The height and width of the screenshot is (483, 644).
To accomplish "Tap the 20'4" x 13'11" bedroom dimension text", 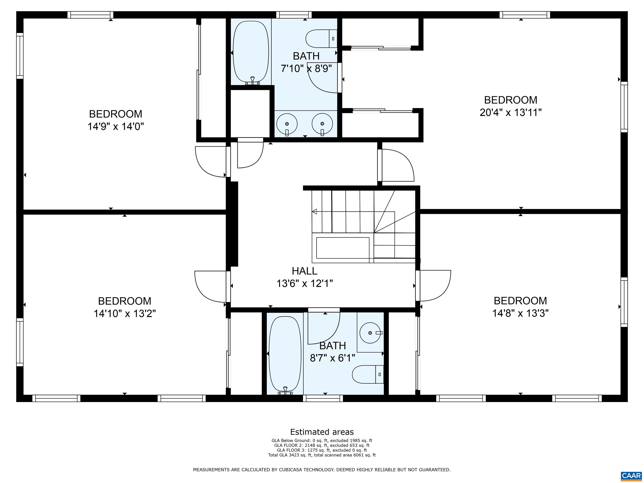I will coord(510,112).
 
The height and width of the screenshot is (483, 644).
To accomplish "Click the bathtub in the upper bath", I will coord(251,52).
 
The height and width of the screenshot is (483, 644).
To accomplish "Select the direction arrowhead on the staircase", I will coord(314,212).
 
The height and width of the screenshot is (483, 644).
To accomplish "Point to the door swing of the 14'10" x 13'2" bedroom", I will coord(210,287).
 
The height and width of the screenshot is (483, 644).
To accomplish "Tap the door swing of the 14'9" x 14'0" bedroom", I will coord(210,162).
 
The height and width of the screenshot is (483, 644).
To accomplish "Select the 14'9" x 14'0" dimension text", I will coord(116,127).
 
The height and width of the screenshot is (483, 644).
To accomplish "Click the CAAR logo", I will coord(631,475).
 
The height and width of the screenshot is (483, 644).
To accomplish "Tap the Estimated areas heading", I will coord(322,432).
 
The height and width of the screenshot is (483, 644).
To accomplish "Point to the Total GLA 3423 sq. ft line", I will coord(322,455).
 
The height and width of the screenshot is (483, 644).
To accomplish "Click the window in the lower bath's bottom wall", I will coord(323,399).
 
